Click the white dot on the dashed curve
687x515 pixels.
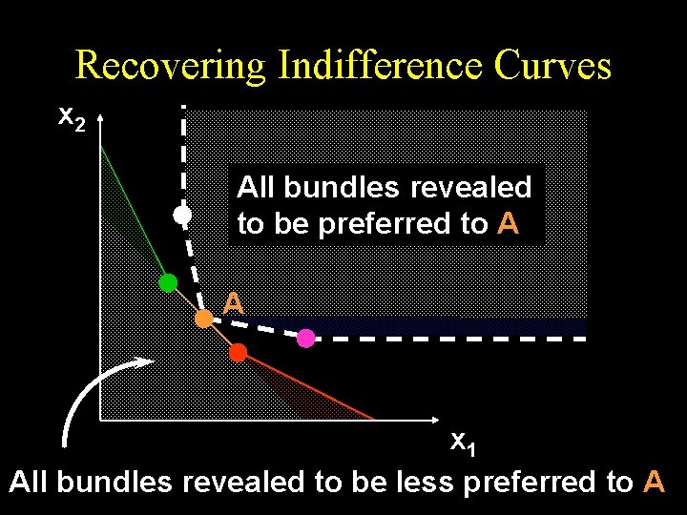(x=182, y=216)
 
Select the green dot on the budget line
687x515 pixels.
(x=168, y=282)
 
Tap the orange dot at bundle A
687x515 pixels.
(x=203, y=319)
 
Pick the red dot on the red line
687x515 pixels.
(x=238, y=352)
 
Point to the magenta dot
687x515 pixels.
(x=305, y=338)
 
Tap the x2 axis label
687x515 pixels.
(x=72, y=117)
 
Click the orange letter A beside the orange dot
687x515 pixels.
(x=234, y=304)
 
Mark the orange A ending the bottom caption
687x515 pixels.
(x=655, y=482)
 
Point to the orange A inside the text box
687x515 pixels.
(x=509, y=223)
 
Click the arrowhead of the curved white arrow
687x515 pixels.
(x=144, y=361)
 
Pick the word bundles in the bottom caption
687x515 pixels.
(x=115, y=482)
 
